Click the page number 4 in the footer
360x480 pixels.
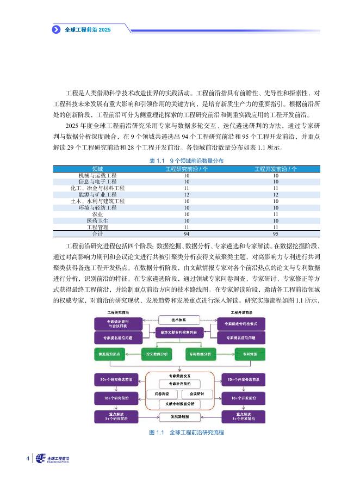point(28,458)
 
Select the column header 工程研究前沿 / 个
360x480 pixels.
point(187,169)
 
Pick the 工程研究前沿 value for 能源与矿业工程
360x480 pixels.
point(187,194)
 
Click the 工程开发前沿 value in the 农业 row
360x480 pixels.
point(276,214)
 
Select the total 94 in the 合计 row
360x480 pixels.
point(187,233)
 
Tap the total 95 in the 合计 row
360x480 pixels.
point(276,233)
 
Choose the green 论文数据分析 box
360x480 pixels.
point(157,354)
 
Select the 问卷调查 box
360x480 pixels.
point(162,393)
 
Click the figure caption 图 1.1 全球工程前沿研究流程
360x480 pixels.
point(179,433)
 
